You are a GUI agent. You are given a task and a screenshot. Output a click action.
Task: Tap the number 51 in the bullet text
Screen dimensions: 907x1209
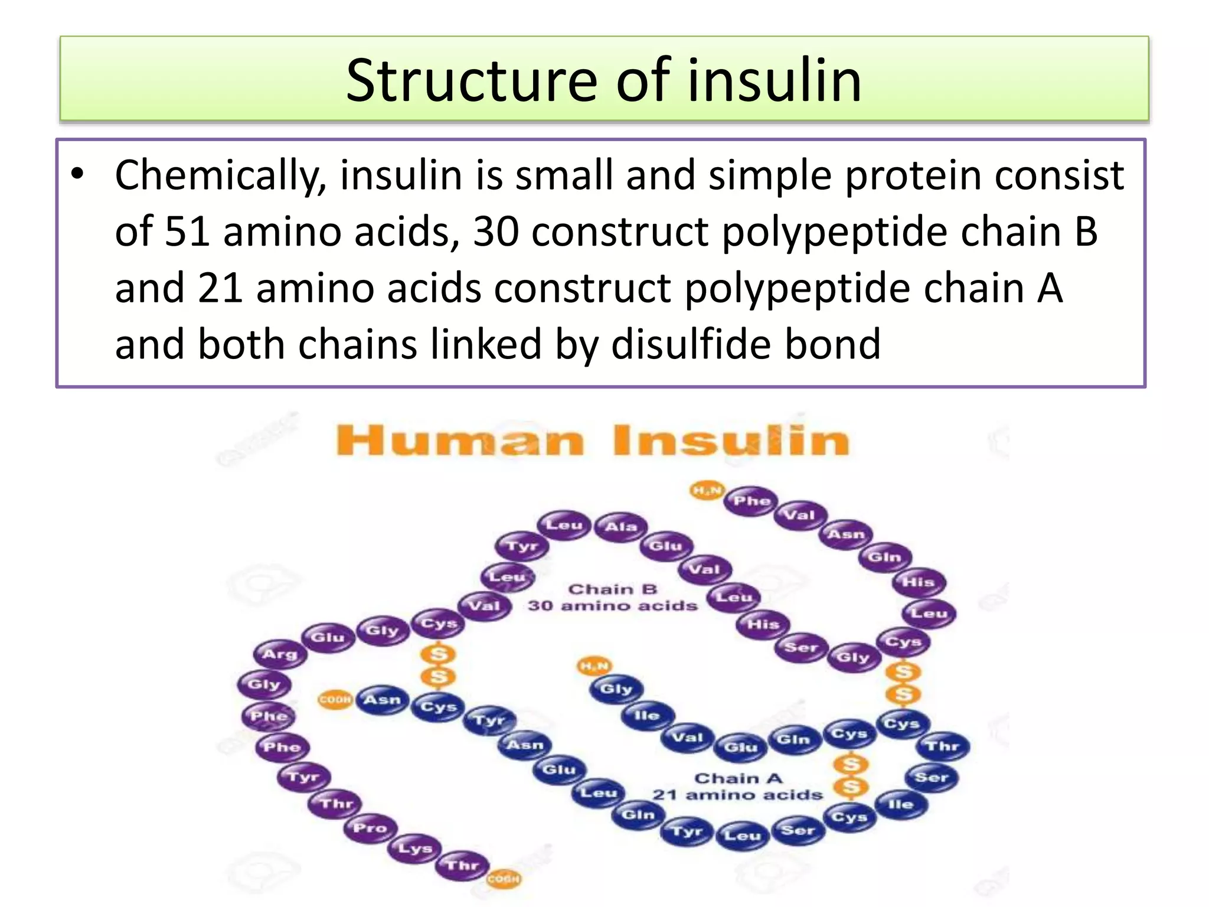(187, 231)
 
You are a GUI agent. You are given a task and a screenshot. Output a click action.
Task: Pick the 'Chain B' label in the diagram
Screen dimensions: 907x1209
(612, 589)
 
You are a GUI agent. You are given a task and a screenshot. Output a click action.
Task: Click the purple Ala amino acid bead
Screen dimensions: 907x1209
(620, 526)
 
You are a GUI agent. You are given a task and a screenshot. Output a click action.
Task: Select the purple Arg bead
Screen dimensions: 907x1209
(280, 654)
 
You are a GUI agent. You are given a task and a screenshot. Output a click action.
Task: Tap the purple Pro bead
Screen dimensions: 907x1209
(370, 828)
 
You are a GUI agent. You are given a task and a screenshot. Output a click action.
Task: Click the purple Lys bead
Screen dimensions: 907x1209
(415, 849)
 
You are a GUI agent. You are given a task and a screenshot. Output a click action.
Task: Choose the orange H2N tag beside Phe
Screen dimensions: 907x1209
(707, 490)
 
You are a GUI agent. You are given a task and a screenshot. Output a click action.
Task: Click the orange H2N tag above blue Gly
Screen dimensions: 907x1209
(594, 666)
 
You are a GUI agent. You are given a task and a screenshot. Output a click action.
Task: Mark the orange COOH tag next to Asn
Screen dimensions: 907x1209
(335, 700)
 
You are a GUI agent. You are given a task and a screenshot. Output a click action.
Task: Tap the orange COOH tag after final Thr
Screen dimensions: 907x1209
(504, 879)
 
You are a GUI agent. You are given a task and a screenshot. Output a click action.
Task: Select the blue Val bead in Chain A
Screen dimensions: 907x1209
(688, 737)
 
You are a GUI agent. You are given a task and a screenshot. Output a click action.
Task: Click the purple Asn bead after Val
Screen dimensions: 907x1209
(845, 534)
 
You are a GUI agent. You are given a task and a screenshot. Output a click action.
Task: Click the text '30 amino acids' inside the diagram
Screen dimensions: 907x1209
(612, 606)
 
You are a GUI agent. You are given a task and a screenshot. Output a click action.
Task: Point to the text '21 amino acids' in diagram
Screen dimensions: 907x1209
(737, 795)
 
